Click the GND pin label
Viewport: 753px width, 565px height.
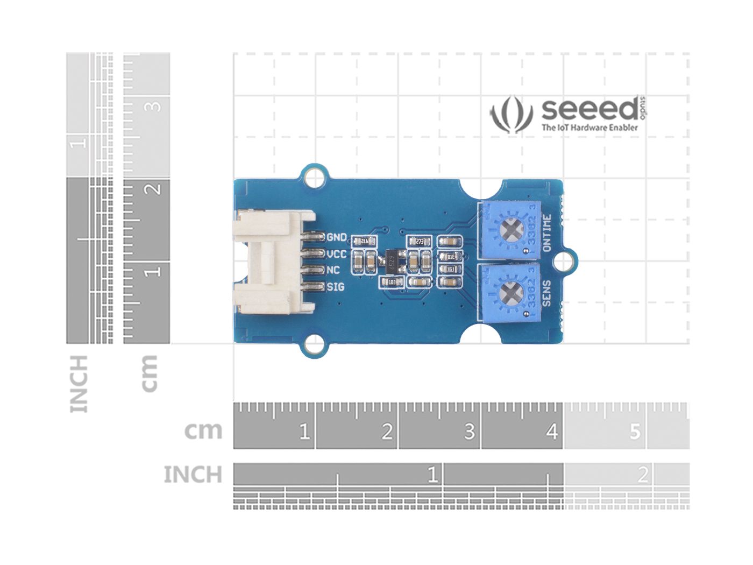337,237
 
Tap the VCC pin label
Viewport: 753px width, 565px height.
337,253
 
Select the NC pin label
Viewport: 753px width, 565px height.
333,270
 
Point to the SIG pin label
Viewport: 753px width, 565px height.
336,287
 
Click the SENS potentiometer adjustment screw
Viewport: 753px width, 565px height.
508,293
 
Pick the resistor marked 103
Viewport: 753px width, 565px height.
391,282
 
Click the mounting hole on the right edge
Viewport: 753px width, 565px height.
562,262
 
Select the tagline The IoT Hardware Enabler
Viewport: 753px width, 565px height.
589,128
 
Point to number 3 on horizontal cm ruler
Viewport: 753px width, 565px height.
469,432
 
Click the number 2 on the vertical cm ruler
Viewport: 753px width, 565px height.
154,189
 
